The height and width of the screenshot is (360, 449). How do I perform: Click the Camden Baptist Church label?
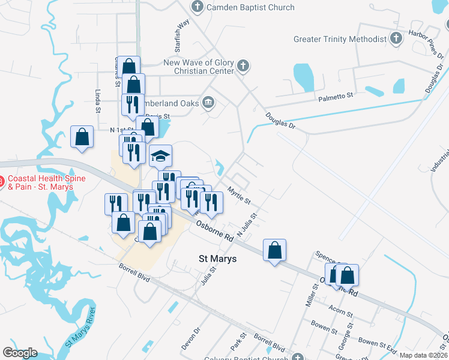point(250,7)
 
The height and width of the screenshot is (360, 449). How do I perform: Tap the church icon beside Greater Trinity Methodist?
point(395,39)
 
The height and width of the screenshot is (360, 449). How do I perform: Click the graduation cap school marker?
point(160,157)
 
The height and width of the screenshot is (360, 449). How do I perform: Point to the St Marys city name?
point(217,259)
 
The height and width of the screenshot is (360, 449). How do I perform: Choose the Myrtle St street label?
point(239,194)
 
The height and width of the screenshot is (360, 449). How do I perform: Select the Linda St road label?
point(98,101)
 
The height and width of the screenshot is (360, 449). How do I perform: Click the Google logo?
point(20,352)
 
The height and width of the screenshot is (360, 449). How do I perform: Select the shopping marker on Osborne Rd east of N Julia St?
point(274,250)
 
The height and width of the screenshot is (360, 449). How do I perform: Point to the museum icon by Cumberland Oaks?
point(208,103)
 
